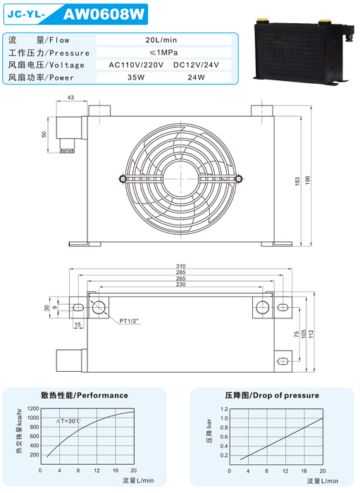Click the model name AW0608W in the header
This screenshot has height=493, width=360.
[104, 14]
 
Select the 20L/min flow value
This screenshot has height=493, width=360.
[161, 40]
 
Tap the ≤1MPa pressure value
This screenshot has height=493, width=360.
[163, 53]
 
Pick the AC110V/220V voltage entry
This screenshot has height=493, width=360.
[136, 65]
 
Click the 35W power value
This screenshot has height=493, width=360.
[136, 77]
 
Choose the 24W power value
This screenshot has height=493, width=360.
[196, 77]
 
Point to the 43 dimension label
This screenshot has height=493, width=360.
[70, 97]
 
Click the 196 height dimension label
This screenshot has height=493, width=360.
[307, 180]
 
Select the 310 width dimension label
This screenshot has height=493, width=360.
[181, 266]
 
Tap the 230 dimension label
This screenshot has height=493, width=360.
[181, 285]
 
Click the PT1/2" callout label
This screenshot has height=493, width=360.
[129, 321]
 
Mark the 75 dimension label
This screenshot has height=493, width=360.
[297, 335]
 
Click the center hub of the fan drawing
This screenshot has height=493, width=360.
[181, 179]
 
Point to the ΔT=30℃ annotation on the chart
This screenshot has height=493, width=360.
[68, 421]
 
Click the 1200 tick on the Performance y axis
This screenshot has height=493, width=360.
[33, 408]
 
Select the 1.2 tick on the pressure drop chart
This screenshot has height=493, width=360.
[224, 409]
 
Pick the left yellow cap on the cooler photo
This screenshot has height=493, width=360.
[262, 20]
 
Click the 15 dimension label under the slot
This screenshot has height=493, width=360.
[77, 325]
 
